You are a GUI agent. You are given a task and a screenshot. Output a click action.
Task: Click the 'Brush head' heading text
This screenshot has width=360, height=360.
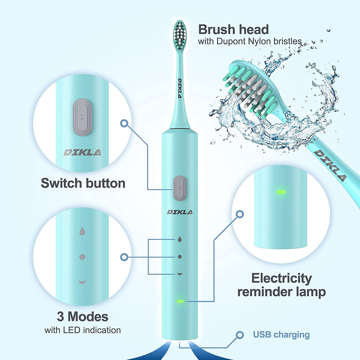pyautogui.click(x=233, y=30)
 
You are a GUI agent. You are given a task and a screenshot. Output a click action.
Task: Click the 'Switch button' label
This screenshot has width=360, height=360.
pyautogui.click(x=83, y=183)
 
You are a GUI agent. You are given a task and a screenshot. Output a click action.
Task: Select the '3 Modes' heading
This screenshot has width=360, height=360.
pyautogui.click(x=83, y=317)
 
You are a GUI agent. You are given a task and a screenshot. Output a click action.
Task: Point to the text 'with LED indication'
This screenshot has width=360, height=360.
pyautogui.click(x=83, y=330)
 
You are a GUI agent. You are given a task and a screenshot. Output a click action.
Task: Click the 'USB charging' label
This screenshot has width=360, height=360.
pyautogui.click(x=281, y=334)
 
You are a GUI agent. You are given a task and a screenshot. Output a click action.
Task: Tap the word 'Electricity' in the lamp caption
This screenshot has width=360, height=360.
pyautogui.click(x=281, y=278)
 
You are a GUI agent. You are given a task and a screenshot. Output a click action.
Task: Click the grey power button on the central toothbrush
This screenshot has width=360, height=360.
pyautogui.click(x=180, y=188)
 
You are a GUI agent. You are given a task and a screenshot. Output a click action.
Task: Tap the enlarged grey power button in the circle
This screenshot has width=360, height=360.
pyautogui.click(x=82, y=117)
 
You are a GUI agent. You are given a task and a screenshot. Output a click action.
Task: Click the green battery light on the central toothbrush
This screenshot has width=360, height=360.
pyautogui.click(x=180, y=302)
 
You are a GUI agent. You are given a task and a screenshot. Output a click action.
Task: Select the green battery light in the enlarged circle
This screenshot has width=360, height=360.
pyautogui.click(x=281, y=192)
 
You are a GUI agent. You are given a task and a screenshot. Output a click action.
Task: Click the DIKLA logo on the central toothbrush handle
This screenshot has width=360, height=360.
pyautogui.click(x=180, y=212)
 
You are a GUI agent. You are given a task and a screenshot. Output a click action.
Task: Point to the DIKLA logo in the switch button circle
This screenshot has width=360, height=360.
pyautogui.click(x=82, y=153)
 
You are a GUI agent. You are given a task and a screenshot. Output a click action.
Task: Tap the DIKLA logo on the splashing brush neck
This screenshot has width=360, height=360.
pyautogui.click(x=330, y=165)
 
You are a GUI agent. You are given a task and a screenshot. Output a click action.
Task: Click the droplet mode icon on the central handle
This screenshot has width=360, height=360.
pyautogui.click(x=180, y=239)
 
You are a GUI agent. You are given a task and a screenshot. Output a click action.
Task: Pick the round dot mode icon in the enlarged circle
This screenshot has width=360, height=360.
pyautogui.click(x=82, y=257)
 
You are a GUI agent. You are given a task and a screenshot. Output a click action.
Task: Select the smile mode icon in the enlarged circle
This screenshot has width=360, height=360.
pyautogui.click(x=82, y=282)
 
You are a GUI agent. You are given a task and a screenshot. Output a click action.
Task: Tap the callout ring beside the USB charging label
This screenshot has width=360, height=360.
pyautogui.click(x=240, y=335)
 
